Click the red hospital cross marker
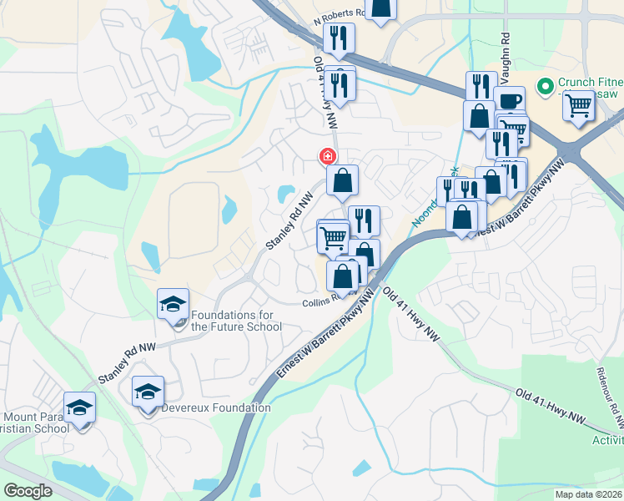327,156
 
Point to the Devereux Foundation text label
219,407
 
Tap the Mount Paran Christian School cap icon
80,407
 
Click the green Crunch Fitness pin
545,86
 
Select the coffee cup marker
510,102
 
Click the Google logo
27,490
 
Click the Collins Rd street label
324,300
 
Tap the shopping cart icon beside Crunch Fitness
578,106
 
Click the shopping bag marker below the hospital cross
343,180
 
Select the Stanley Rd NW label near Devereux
128,361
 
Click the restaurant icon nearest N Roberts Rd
339,38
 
